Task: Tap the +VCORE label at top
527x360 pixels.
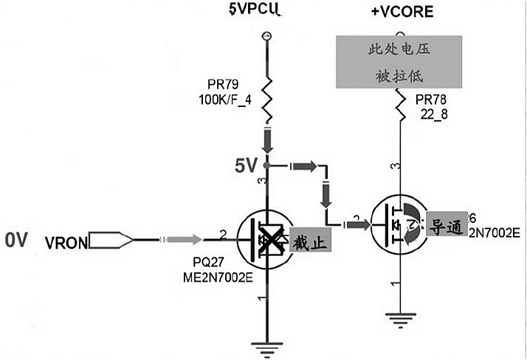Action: (402, 13)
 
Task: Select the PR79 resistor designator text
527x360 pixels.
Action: (225, 84)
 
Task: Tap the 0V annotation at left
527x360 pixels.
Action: (16, 240)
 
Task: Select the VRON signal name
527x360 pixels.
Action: (65, 242)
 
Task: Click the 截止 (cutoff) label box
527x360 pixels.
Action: (309, 241)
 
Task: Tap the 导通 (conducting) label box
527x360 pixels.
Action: (445, 226)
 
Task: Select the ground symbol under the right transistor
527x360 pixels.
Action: (399, 318)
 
